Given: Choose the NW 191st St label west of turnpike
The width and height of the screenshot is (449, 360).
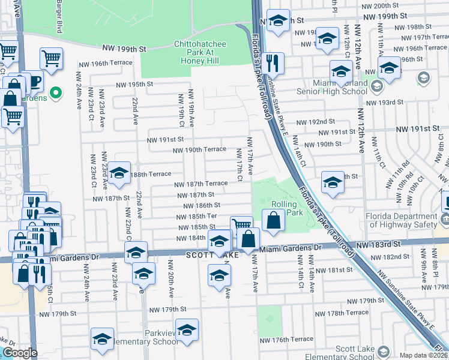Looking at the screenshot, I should tap(166, 140).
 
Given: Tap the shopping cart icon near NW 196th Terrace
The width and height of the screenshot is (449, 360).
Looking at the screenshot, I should tap(52, 59).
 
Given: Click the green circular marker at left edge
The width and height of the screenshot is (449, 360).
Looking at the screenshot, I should tap(56, 92).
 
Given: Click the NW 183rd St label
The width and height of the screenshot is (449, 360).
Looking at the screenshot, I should tap(378, 245).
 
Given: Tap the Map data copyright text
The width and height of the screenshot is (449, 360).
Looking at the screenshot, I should tap(423, 355).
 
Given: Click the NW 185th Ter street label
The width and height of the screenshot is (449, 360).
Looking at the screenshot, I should tap(195, 215).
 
